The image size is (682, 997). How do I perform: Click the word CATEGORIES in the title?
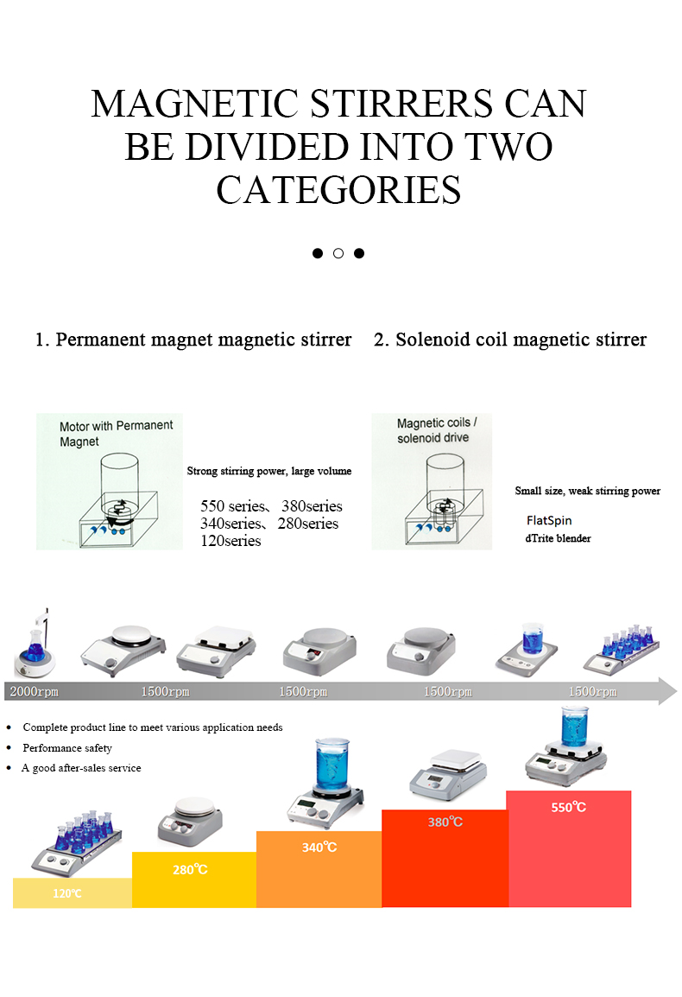point(338,190)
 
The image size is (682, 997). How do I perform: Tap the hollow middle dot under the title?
point(338,253)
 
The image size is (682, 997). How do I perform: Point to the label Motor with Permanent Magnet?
point(116,433)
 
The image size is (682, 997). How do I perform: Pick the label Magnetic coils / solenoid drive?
point(443,430)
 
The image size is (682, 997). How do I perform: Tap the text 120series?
point(230,541)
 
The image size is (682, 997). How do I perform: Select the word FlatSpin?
point(549,521)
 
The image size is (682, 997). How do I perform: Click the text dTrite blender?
point(558,538)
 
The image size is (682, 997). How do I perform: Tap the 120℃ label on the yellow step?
point(67,893)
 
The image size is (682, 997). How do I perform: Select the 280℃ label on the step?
point(190,869)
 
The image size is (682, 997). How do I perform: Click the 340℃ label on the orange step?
point(319,848)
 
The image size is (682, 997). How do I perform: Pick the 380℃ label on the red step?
point(445,822)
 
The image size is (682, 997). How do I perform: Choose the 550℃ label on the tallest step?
point(569,807)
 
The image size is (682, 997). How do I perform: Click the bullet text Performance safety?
point(67,748)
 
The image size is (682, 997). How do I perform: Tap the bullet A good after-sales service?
point(81,768)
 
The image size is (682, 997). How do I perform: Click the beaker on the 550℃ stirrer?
point(574,726)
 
